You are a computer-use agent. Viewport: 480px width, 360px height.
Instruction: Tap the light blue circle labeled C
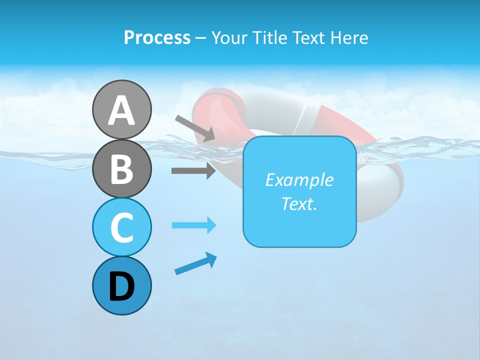(x=121, y=226)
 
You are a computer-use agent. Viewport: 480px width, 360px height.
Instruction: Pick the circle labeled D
(x=121, y=285)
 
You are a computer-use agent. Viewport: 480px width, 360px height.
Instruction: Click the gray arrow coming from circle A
(x=195, y=128)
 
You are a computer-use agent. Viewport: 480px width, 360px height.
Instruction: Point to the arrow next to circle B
(x=193, y=171)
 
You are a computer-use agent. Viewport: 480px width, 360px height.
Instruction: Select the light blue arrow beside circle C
(x=193, y=225)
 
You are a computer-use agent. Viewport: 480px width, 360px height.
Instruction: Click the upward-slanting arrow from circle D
(x=195, y=263)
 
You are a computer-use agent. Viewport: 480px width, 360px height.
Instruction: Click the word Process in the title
(x=157, y=37)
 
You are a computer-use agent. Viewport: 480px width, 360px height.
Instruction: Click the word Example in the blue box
(x=299, y=180)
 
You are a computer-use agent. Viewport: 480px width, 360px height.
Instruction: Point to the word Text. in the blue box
(x=299, y=203)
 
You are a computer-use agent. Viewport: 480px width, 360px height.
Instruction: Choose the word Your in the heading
(x=227, y=37)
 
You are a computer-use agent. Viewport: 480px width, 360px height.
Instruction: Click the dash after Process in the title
(x=201, y=38)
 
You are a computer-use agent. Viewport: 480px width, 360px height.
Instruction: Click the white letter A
(x=121, y=110)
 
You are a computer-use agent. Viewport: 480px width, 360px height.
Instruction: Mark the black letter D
(x=121, y=286)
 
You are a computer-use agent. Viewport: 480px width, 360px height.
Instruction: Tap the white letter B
(x=121, y=169)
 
